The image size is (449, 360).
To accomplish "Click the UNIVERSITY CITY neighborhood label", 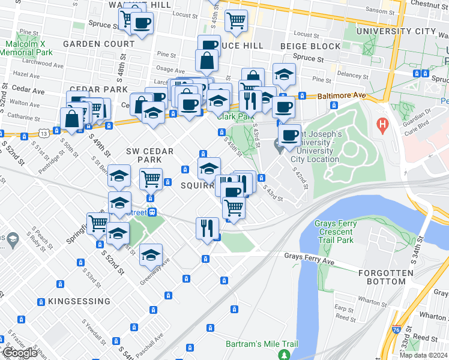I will [396, 31].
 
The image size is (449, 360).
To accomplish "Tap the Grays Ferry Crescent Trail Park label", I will [336, 232].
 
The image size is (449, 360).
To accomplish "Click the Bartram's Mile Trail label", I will [262, 344].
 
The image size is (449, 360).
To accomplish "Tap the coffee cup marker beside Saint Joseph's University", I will [289, 135].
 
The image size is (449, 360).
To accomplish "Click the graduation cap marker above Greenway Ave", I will [151, 254].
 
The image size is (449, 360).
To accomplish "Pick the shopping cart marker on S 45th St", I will [236, 20].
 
